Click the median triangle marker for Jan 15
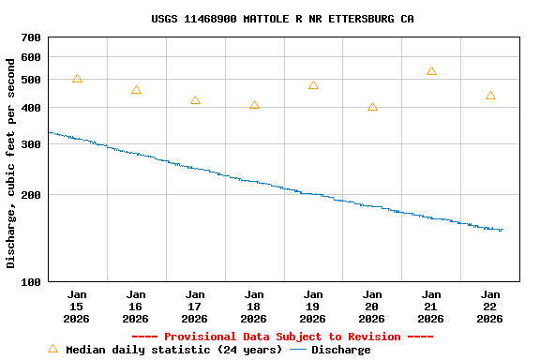[x=77, y=79]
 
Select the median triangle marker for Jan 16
[x=136, y=90]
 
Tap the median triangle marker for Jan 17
[x=195, y=100]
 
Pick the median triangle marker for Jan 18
[x=254, y=105]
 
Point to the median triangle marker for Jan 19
[x=313, y=85]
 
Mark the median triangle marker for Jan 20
[x=372, y=107]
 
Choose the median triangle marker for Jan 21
[x=431, y=71]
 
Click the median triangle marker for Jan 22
[x=490, y=96]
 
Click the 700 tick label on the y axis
[x=31, y=37]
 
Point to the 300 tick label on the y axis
[x=31, y=144]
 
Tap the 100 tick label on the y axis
[x=31, y=282]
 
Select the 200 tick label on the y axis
[x=31, y=195]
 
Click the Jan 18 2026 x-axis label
[x=254, y=307]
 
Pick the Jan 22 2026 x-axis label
[x=490, y=307]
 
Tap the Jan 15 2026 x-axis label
[x=77, y=307]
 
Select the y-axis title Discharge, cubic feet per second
[x=11, y=163]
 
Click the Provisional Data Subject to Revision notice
[x=282, y=337]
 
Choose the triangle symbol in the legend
[x=52, y=349]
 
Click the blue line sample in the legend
[x=298, y=350]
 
